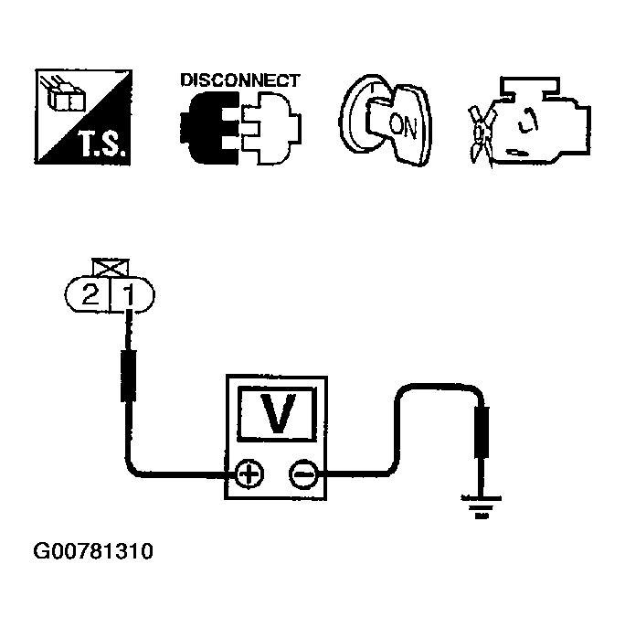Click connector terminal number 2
tap(90, 295)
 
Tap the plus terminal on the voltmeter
tap(249, 474)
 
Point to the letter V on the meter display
tap(276, 412)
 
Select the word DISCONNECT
tap(239, 80)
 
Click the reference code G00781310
tap(93, 552)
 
